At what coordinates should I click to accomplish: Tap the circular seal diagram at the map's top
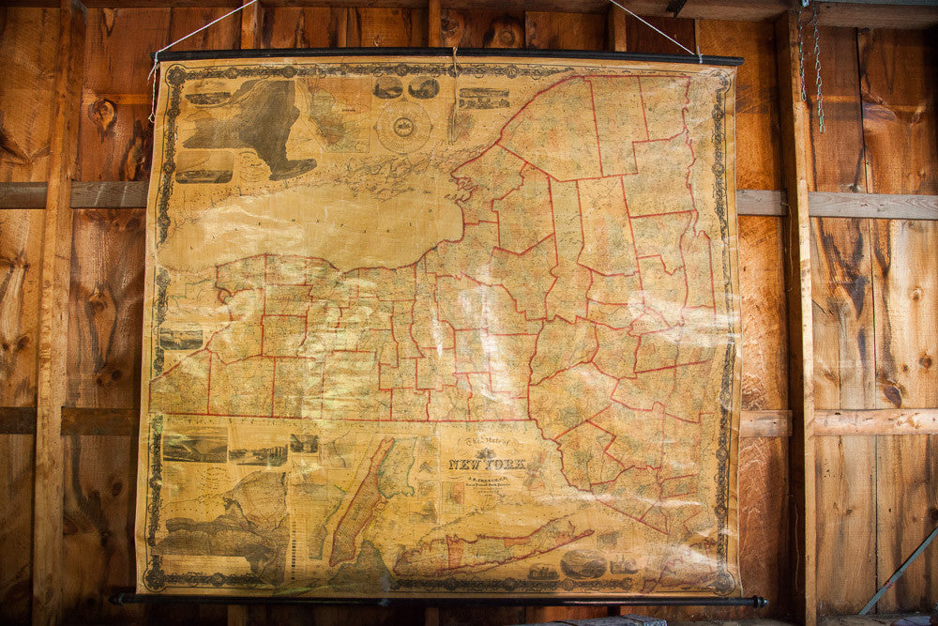403,127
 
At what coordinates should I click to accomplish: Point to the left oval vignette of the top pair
386,87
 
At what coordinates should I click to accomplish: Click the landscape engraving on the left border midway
180,338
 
